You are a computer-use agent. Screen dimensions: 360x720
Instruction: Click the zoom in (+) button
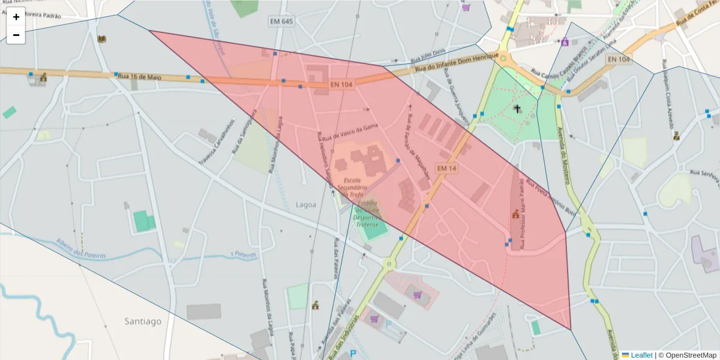click(x=16, y=17)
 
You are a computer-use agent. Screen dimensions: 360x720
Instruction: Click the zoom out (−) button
click(x=16, y=35)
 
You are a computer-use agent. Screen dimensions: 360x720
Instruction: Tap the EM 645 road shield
click(x=281, y=22)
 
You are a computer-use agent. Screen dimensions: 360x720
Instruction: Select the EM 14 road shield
click(x=447, y=169)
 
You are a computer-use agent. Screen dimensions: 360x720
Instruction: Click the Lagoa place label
click(x=306, y=205)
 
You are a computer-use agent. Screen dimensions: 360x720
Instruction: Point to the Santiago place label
click(x=143, y=321)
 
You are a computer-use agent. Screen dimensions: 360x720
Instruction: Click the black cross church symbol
click(x=517, y=109)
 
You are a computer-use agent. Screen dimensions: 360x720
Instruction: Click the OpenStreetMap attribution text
click(x=687, y=355)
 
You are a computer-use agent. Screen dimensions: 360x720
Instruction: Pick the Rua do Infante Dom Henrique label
click(x=457, y=61)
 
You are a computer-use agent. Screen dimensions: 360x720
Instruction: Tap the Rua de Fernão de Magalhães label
click(x=419, y=147)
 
